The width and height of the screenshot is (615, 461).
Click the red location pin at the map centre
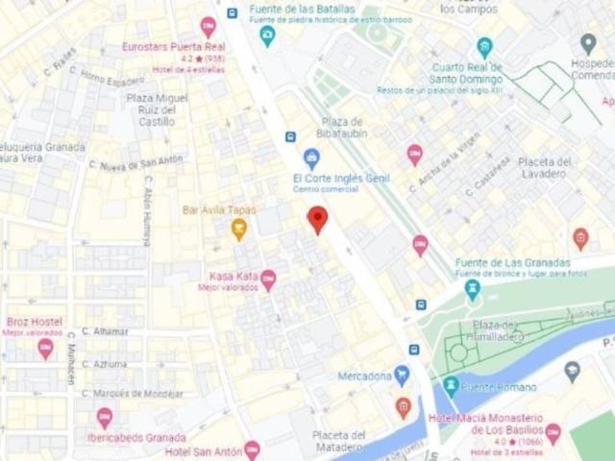[x=317, y=218]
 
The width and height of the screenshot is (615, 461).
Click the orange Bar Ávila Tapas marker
[x=238, y=229]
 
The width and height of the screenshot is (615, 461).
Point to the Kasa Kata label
[x=234, y=276]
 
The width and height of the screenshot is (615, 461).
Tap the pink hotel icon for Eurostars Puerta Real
[x=208, y=27]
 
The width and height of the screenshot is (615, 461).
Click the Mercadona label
[x=364, y=376]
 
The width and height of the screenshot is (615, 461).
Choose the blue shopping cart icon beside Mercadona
[x=402, y=375]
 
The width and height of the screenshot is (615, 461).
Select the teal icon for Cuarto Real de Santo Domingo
[x=484, y=46]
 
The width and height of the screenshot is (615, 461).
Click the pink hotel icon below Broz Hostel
[x=45, y=349]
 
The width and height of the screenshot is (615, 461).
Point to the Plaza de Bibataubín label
[x=343, y=128]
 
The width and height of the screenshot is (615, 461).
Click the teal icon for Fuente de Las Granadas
[x=471, y=288]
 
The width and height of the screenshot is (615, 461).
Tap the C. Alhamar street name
[x=105, y=331]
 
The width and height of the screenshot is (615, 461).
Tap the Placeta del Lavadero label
[x=544, y=167]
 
